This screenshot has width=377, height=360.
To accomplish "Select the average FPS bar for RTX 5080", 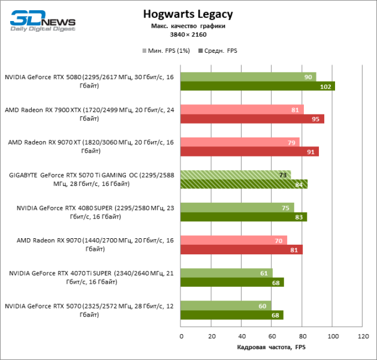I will (258, 86).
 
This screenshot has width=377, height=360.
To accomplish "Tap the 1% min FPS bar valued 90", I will (248, 77).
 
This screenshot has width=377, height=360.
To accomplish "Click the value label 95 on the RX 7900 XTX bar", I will (315, 119).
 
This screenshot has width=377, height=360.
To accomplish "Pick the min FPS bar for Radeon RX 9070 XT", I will (240, 142).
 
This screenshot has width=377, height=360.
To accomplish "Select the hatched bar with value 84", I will (244, 184).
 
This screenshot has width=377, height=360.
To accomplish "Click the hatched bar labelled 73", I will (236, 175).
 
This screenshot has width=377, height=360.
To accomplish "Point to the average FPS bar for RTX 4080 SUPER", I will (243, 217).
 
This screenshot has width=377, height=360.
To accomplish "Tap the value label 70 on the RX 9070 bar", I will (279, 240).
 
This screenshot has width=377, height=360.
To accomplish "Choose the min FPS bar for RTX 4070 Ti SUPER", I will (227, 273).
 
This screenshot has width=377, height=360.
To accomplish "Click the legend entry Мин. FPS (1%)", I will (166, 50).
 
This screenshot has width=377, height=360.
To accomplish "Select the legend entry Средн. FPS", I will (218, 50).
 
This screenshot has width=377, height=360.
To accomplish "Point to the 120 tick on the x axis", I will (363, 337).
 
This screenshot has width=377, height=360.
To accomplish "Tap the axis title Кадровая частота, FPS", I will (272, 348).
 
